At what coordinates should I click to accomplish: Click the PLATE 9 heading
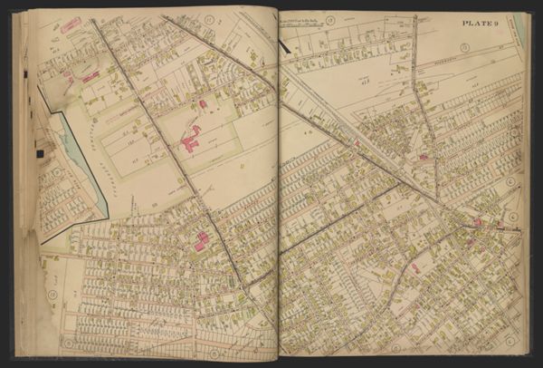(x=482, y=23)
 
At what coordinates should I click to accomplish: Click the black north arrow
(x=285, y=42)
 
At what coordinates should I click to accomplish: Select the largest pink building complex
(x=191, y=140)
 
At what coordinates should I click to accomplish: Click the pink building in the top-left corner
(x=71, y=24)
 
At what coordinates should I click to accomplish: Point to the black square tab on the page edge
(x=40, y=153)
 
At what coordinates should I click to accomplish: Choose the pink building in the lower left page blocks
(x=200, y=242)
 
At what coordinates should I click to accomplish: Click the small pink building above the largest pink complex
(x=202, y=104)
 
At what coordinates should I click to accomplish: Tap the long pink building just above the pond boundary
(x=90, y=78)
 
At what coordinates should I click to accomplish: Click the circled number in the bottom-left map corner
(x=67, y=344)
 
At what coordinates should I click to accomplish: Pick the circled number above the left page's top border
(x=209, y=19)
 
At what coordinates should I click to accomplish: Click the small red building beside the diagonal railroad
(x=357, y=142)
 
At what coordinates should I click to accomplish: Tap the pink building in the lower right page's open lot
(x=414, y=268)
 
